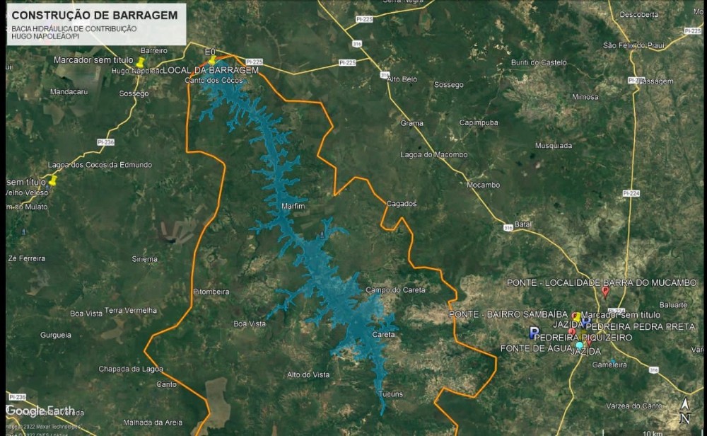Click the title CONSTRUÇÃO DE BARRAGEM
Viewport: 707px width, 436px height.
tap(95, 15)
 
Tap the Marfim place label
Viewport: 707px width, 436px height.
tap(292, 206)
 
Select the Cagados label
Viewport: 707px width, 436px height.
tap(401, 204)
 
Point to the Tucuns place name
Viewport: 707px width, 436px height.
tap(390, 394)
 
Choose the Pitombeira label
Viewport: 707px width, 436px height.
tap(211, 292)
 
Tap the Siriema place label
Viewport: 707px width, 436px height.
tap(144, 259)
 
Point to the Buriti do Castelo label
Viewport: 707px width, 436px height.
tap(539, 62)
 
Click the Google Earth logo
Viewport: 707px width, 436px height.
tap(40, 411)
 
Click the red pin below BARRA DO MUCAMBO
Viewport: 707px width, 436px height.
tap(605, 292)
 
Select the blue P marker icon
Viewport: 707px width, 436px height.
tap(534, 332)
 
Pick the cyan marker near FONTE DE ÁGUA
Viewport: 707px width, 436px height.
tap(580, 345)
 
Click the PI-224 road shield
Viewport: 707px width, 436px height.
tap(631, 193)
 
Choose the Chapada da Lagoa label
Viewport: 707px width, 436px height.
tap(131, 369)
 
